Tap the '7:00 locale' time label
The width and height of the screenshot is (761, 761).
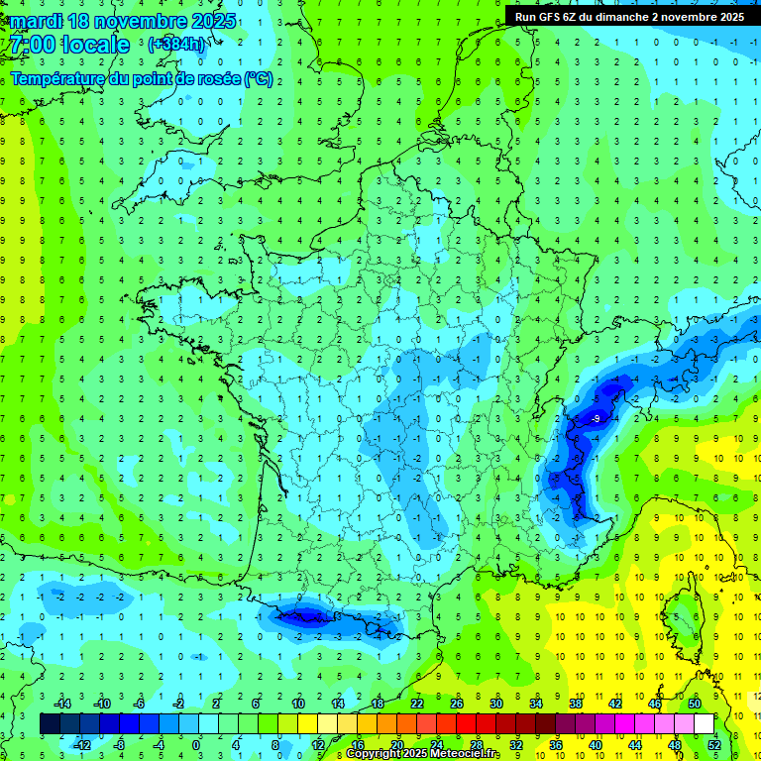pos(66,45)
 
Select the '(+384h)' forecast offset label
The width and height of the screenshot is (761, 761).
pos(177,45)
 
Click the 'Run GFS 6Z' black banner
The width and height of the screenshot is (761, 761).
pos(629,17)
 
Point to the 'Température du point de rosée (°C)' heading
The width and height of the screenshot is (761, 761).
pos(142,78)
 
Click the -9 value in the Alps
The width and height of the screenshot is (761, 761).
pos(594,420)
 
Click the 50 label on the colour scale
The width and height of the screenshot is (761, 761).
pos(695,704)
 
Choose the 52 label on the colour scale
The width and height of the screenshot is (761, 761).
pos(714,744)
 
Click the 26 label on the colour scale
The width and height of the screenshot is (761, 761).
pos(457,704)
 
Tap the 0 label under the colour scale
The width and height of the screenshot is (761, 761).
pos(197,744)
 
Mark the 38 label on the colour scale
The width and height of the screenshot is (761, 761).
pos(576,704)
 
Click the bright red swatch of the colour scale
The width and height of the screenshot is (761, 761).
pos(467,723)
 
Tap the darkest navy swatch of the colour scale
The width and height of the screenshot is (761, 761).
pos(51,723)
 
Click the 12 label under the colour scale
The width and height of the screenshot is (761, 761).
pos(318,744)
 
